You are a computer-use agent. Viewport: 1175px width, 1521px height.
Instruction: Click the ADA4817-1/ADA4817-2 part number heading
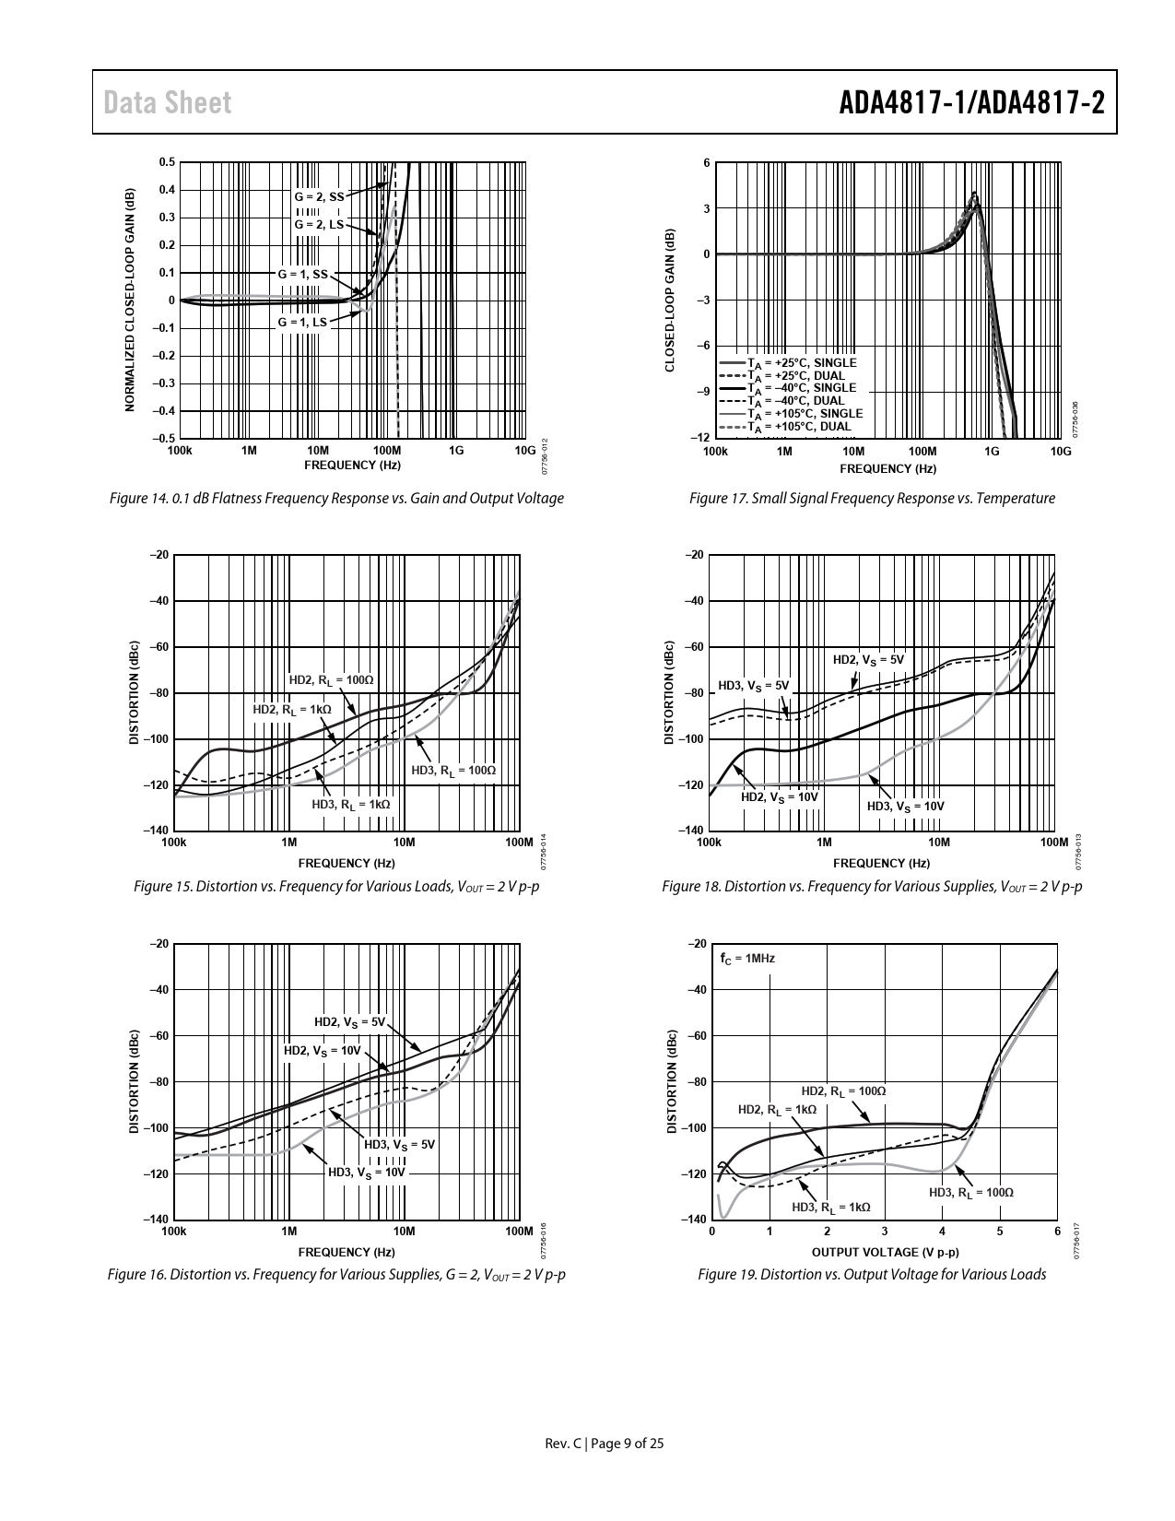pos(971,102)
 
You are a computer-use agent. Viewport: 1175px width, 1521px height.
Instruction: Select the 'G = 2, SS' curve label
pos(319,196)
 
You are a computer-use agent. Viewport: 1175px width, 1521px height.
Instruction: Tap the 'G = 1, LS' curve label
pos(302,323)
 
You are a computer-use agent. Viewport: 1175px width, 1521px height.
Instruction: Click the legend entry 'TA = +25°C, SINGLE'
pos(801,363)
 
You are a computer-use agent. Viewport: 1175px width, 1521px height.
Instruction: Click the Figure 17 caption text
pos(872,499)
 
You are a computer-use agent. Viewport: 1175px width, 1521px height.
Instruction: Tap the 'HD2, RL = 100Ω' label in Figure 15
pos(332,680)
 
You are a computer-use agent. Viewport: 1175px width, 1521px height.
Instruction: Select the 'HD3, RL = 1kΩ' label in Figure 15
pos(351,804)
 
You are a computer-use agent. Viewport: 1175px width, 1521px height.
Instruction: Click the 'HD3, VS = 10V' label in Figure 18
pos(906,807)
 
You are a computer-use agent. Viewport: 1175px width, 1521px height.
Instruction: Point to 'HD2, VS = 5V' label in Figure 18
pos(868,660)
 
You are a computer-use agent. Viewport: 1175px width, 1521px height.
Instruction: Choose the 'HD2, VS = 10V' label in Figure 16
pos(322,1051)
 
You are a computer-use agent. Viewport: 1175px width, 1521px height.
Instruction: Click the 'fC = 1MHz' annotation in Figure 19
pos(747,959)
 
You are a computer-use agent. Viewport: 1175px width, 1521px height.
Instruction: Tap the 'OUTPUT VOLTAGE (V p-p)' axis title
pos(885,1252)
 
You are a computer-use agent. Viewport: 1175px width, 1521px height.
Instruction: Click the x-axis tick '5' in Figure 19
pos(1000,1232)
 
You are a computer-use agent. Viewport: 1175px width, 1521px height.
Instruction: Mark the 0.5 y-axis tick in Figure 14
pos(167,162)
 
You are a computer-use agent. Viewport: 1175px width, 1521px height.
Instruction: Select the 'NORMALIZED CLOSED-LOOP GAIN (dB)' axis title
pos(130,300)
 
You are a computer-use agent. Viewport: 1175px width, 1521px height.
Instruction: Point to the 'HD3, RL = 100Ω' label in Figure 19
pos(970,1193)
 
